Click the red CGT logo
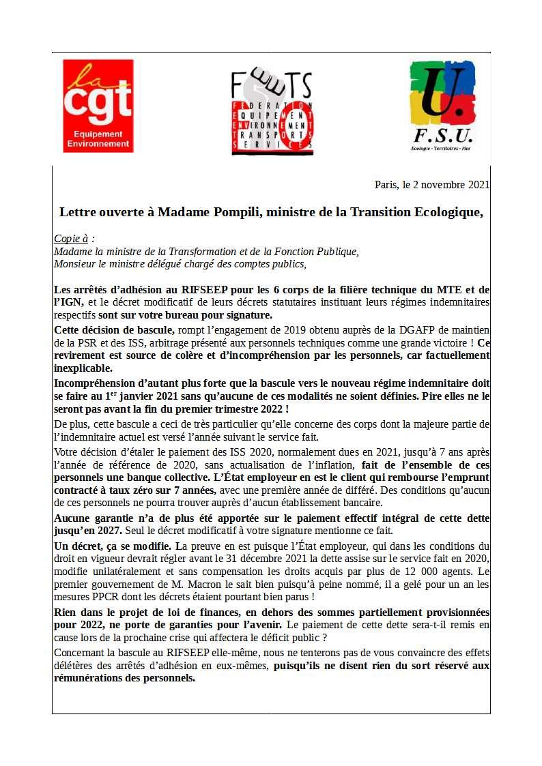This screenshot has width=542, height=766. (98, 105)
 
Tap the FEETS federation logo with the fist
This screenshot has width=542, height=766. (272, 112)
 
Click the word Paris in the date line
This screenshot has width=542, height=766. (386, 185)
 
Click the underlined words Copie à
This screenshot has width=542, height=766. (74, 239)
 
